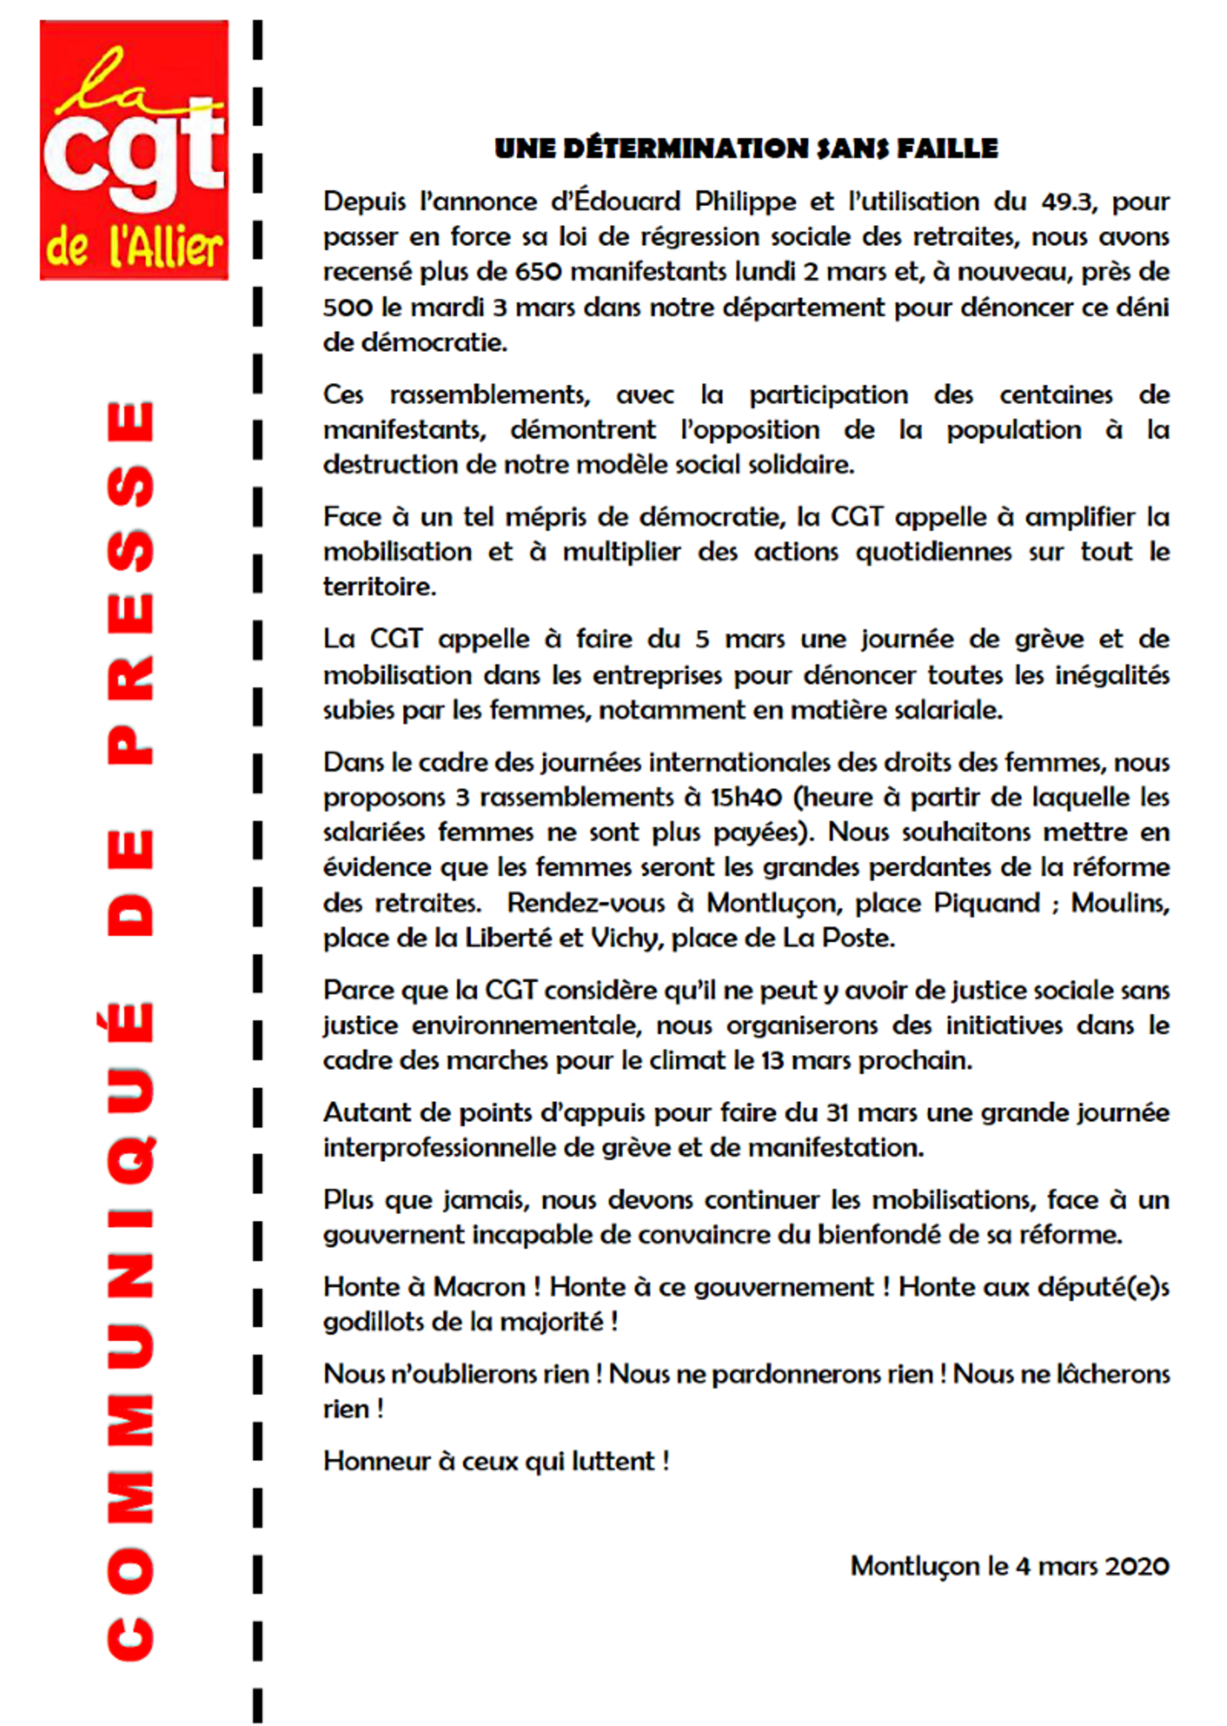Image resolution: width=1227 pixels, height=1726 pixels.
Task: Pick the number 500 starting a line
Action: tap(347, 307)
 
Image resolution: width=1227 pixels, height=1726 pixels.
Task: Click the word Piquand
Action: tap(987, 903)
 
